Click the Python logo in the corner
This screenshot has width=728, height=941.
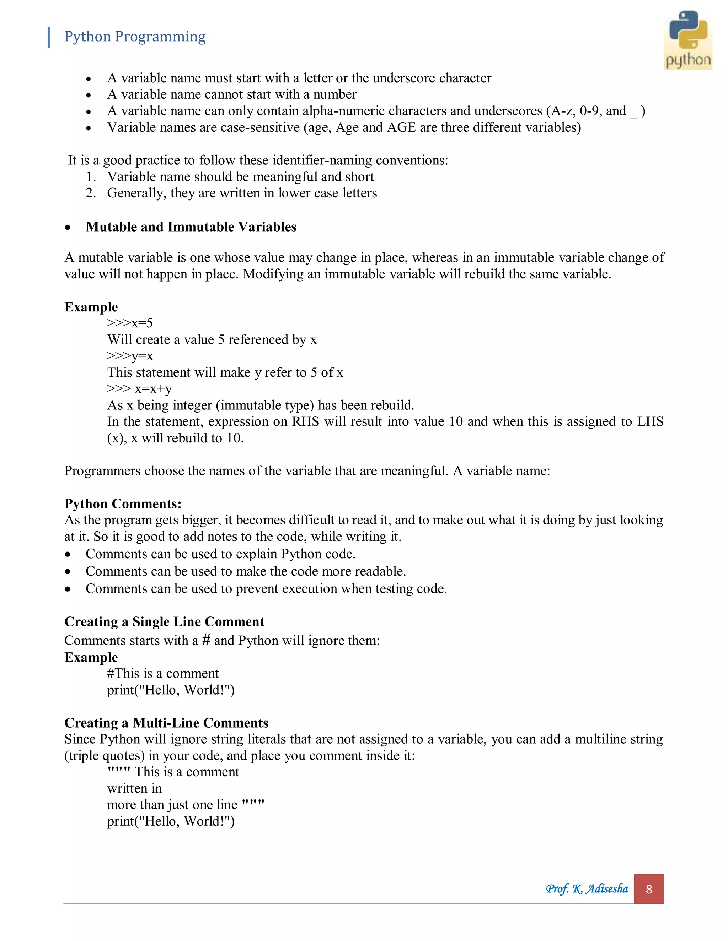687,40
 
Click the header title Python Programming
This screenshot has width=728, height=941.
135,37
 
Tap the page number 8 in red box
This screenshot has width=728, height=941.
649,889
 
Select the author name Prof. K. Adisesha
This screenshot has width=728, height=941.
587,888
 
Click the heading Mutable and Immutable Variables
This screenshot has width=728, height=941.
191,227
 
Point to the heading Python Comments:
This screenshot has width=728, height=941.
123,504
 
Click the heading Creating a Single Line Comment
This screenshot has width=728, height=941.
164,622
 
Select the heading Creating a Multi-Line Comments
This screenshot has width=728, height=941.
166,723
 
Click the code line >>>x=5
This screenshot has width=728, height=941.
130,323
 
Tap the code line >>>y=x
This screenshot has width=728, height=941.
130,356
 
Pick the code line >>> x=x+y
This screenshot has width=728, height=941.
139,388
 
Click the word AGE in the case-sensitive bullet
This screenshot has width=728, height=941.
401,127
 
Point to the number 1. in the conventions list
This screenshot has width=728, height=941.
91,176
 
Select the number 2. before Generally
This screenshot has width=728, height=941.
91,193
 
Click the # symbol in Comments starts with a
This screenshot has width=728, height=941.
206,640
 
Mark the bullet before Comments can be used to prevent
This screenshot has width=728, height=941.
68,589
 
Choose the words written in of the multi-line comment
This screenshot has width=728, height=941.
135,788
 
